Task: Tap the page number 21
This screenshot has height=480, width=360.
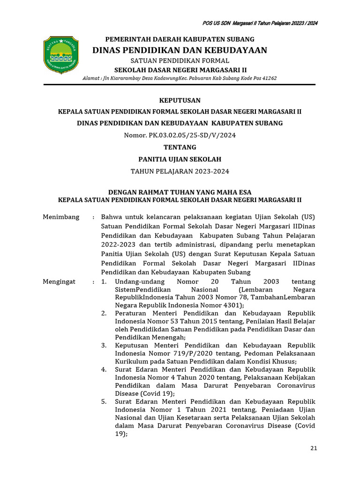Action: tap(314, 449)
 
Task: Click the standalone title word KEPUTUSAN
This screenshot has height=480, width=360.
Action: tap(180, 100)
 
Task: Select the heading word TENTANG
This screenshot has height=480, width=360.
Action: tap(180, 147)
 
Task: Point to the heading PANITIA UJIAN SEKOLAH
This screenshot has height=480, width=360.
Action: tap(180, 159)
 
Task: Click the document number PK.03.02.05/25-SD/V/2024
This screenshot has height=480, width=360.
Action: tap(192, 135)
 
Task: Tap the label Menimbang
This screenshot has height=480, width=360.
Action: tap(61, 217)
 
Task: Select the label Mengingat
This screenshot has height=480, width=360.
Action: tap(59, 282)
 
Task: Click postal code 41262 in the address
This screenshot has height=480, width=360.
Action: tap(268, 78)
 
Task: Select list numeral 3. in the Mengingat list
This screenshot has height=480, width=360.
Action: tap(104, 345)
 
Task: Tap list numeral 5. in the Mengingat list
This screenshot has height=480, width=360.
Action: tap(104, 402)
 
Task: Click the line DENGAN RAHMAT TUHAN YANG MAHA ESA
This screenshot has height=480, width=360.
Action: tap(180, 192)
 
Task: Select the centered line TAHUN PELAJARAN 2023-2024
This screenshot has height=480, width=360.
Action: tap(180, 172)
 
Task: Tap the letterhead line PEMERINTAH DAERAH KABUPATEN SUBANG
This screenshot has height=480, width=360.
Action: tap(180, 39)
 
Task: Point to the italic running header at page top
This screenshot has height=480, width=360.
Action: tap(260, 23)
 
